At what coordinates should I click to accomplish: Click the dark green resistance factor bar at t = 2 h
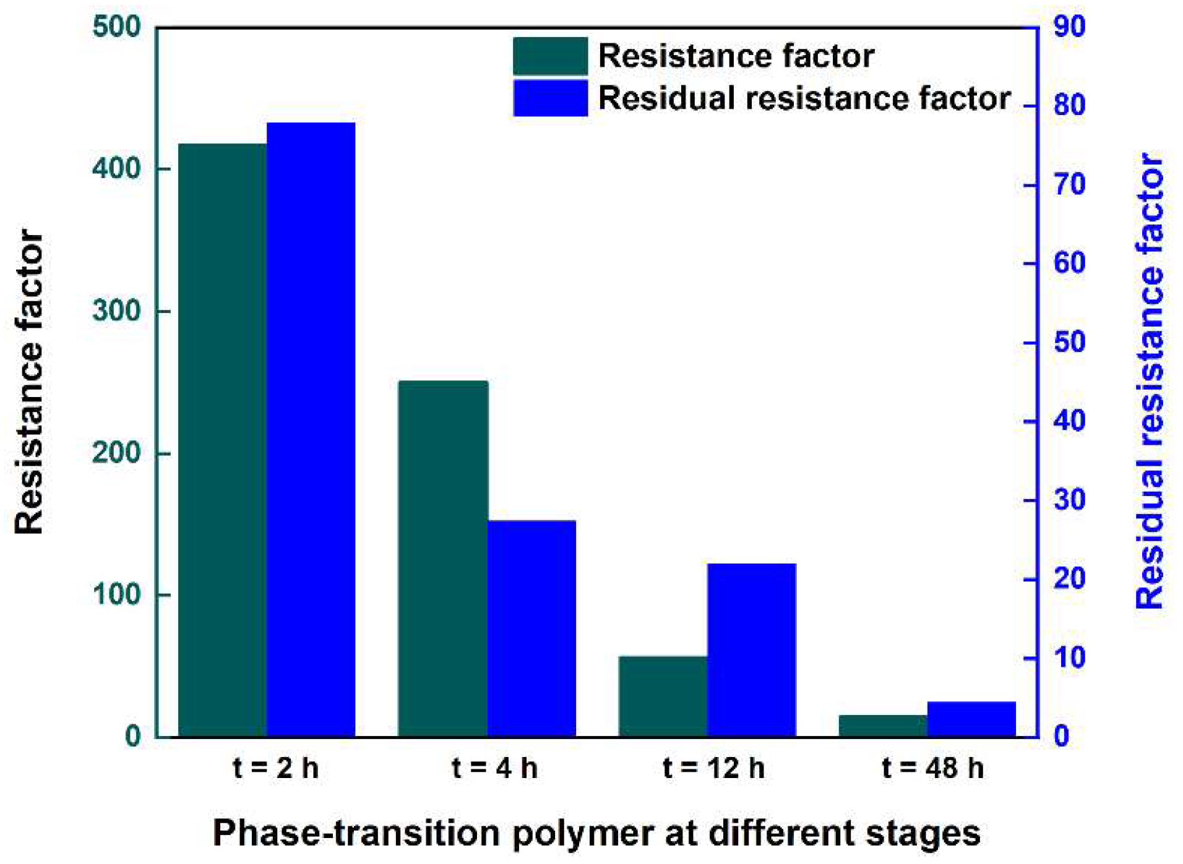(222, 439)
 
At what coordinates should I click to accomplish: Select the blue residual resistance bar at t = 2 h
(311, 429)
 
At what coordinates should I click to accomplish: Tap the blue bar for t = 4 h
(531, 628)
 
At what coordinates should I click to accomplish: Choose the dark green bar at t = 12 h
(663, 696)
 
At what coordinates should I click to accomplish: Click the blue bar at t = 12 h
(751, 649)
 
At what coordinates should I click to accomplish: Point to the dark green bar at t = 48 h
(883, 725)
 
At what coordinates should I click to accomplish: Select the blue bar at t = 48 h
(971, 719)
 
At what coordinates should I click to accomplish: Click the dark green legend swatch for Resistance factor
(550, 56)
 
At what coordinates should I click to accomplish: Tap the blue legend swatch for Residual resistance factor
(550, 98)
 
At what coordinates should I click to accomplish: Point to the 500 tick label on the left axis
(116, 28)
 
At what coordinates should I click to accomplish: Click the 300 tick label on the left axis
(116, 310)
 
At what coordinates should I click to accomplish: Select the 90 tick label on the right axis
(1069, 27)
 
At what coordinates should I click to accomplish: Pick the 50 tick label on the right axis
(1069, 342)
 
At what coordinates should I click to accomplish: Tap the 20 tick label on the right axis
(1069, 579)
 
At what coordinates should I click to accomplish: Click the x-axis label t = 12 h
(713, 768)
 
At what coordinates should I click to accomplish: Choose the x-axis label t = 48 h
(932, 768)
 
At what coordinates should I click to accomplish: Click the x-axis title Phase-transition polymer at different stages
(596, 832)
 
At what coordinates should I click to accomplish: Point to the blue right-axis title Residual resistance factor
(1150, 380)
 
